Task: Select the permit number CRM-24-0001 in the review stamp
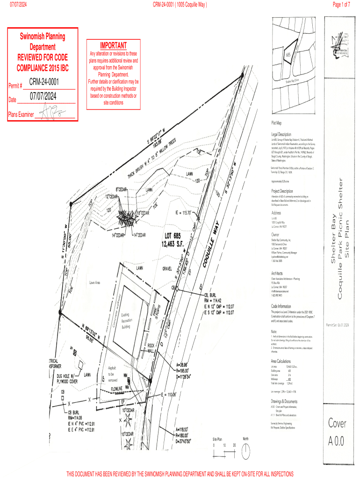pos(44,82)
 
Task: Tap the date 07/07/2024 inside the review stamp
pos(44,97)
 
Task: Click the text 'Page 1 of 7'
pos(341,5)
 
